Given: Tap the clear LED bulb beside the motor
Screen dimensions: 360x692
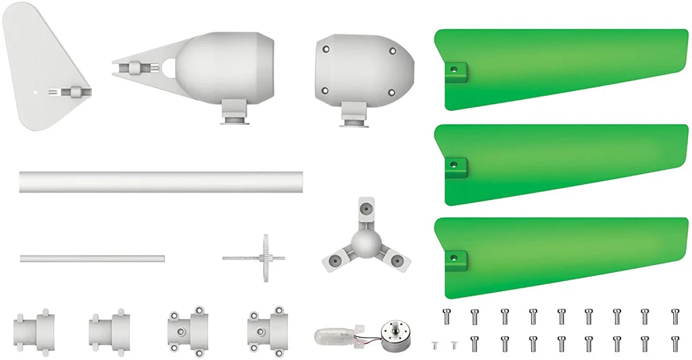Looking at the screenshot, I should coord(332,335).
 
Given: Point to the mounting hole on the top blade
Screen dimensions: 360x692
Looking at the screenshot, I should coord(454,68).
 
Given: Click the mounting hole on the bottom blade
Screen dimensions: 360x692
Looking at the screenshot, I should coord(454,256).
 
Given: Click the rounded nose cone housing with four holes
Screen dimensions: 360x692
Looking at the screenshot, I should coord(362,68).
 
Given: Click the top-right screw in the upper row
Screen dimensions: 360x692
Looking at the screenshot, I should coord(675,315).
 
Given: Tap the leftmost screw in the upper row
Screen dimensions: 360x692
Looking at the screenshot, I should coord(445,315).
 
